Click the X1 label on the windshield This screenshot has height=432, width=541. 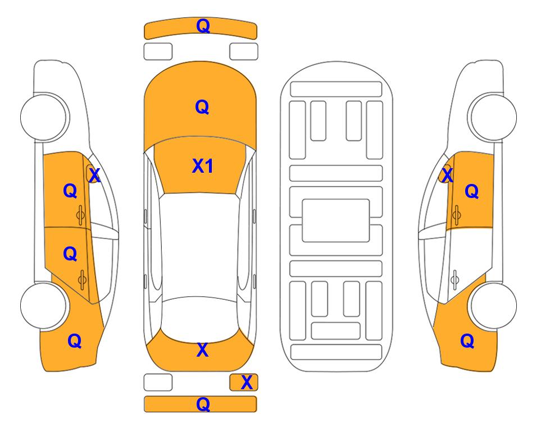pyautogui.click(x=203, y=166)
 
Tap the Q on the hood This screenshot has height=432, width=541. pyautogui.click(x=202, y=107)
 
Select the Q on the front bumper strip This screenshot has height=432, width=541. pyautogui.click(x=203, y=26)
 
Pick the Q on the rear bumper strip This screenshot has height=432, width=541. pyautogui.click(x=203, y=404)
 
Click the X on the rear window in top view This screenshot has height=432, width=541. pyautogui.click(x=203, y=350)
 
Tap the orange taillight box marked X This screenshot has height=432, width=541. pyautogui.click(x=244, y=382)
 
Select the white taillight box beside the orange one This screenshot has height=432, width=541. pyautogui.click(x=158, y=382)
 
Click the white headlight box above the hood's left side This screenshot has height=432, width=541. pyautogui.click(x=158, y=52)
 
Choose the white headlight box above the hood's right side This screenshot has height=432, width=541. pyautogui.click(x=244, y=52)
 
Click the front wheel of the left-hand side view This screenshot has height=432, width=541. pyautogui.click(x=43, y=117)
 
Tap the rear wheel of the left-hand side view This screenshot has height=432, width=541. pyautogui.click(x=43, y=305)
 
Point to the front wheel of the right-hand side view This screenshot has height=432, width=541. pyautogui.click(x=493, y=117)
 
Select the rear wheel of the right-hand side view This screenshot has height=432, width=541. pyautogui.click(x=493, y=305)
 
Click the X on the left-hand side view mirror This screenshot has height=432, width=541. pyautogui.click(x=94, y=175)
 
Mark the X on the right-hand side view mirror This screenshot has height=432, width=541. pyautogui.click(x=447, y=175)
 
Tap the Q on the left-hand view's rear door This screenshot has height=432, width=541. pyautogui.click(x=70, y=254)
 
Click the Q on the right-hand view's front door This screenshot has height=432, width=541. pyautogui.click(x=472, y=191)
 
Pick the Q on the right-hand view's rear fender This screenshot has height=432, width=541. pyautogui.click(x=467, y=341)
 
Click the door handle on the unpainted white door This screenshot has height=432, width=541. pyautogui.click(x=454, y=280)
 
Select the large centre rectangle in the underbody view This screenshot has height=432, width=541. pyautogui.click(x=336, y=220)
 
